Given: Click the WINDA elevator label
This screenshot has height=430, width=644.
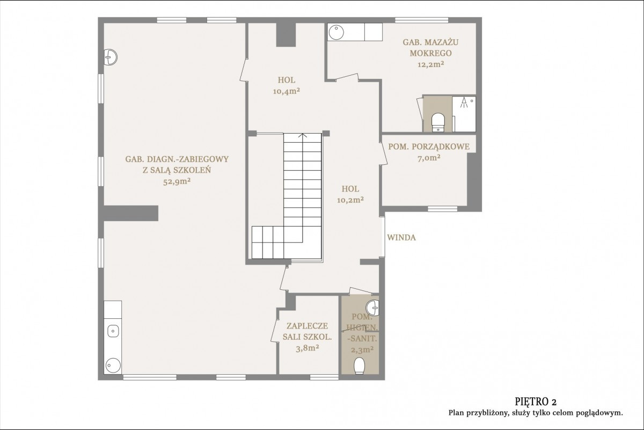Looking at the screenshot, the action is tap(401, 238).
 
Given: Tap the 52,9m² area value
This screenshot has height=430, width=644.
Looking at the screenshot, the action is tap(177, 181).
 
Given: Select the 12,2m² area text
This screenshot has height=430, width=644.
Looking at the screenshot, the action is tap(430, 64).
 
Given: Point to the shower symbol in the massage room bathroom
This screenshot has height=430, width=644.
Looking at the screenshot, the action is tap(464, 103).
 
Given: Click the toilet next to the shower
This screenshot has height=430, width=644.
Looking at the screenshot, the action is tap(438, 122).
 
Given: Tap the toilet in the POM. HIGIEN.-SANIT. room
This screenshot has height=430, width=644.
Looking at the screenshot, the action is tap(360, 366).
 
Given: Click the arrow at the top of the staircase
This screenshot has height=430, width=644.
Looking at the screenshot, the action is tap(303, 135).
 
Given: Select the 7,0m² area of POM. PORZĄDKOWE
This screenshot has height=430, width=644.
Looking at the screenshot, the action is tap(429, 158).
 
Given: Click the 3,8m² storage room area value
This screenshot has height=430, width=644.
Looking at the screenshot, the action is tap(308, 348).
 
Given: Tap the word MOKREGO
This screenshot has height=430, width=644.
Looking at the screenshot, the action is tap(430, 53).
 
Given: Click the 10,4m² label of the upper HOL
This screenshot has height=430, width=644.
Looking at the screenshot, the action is tap(287, 91).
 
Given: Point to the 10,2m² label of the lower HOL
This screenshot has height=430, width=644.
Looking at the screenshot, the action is tap(350, 200).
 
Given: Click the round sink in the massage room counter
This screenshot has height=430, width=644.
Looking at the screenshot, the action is tap(336, 32).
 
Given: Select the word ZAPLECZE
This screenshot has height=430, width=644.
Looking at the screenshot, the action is tap(307, 326).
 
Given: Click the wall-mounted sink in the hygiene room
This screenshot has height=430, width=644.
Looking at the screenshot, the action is tap(373, 308).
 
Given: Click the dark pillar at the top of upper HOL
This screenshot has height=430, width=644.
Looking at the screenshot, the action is tap(286, 34).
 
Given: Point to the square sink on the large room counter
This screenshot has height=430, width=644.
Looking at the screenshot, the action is tap(113, 331).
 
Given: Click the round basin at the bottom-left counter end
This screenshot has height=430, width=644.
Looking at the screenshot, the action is tap(113, 366).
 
